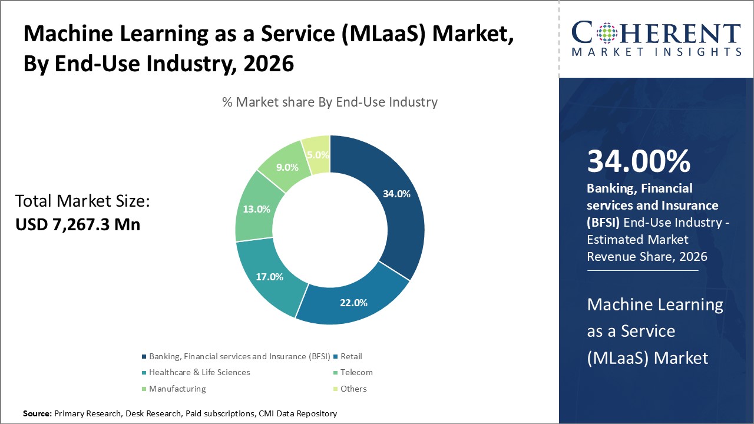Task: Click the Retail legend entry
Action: [351, 356]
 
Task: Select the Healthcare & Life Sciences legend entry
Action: [199, 372]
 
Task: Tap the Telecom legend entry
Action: [356, 372]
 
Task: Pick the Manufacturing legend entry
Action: [177, 389]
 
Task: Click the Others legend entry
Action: [353, 389]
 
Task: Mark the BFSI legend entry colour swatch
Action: [144, 356]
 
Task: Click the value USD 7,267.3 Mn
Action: [78, 224]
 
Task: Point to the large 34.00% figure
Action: [639, 161]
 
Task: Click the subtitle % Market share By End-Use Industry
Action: [330, 102]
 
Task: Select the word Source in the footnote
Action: [37, 414]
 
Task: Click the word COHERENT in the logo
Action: [656, 32]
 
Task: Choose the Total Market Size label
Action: [82, 201]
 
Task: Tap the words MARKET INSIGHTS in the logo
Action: [656, 52]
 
